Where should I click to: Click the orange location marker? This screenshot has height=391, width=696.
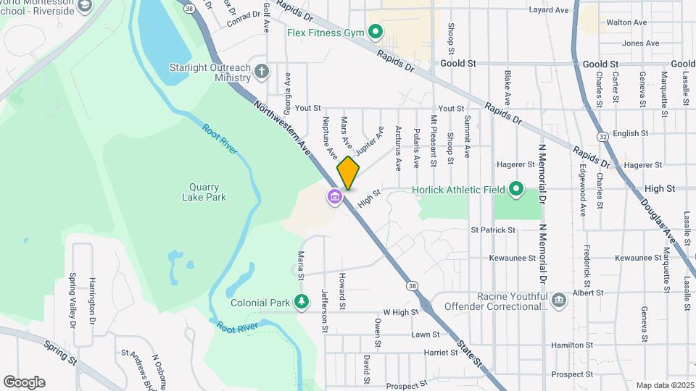348,172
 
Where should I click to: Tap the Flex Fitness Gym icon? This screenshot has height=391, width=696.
376,32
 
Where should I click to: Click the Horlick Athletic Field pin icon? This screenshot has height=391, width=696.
516,190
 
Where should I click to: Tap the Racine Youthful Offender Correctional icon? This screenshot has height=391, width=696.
558,300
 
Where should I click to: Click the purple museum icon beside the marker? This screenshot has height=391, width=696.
334,196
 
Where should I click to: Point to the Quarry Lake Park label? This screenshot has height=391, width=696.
204,191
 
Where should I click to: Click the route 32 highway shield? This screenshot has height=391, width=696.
603,136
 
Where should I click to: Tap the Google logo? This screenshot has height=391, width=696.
24,382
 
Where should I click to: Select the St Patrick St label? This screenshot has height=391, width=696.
493,230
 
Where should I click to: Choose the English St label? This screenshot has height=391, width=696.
630,133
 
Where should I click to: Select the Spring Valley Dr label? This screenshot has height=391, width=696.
72,299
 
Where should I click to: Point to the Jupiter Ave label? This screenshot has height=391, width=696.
369,139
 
